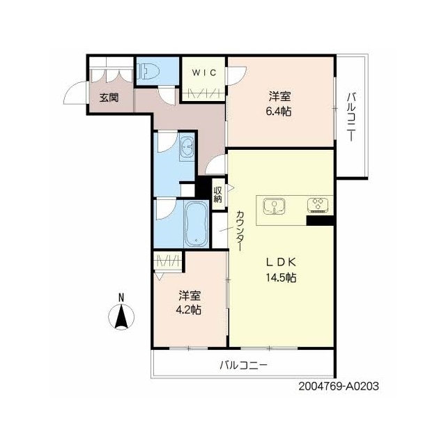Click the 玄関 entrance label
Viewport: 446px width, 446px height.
click(x=109, y=98)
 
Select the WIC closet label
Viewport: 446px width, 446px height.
click(x=204, y=72)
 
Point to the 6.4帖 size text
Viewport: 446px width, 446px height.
click(x=279, y=111)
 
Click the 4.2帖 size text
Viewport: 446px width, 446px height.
click(x=189, y=309)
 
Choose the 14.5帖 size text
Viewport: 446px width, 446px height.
click(x=281, y=277)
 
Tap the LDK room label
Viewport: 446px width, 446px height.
click(x=281, y=262)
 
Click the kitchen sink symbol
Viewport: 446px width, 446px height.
click(x=274, y=206)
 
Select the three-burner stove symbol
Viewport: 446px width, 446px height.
click(x=318, y=205)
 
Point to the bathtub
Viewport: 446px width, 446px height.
click(x=197, y=224)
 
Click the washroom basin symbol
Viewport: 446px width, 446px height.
click(x=187, y=148)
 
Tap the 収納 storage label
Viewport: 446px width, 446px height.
click(x=218, y=194)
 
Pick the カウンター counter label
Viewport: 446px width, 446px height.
click(x=240, y=231)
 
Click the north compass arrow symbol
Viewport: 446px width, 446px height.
click(x=121, y=317)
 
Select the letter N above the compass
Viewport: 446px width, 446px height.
click(x=121, y=298)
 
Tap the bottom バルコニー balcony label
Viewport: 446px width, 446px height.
click(x=243, y=365)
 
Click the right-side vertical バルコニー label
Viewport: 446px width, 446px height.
click(x=351, y=117)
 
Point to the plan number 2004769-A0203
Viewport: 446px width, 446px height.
click(x=339, y=386)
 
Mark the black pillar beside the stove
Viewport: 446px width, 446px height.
click(x=320, y=221)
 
